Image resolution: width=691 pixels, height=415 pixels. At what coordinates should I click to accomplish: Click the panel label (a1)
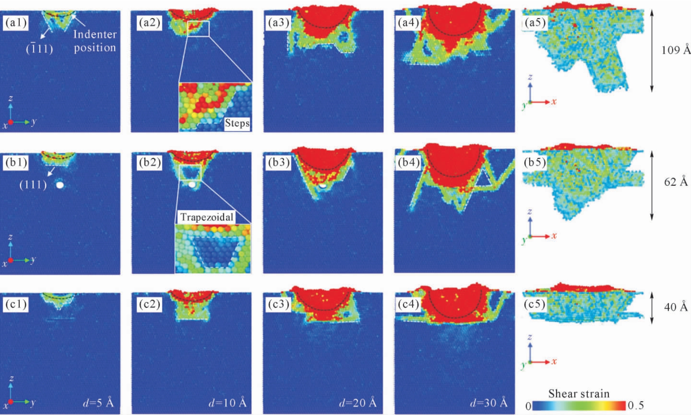16,23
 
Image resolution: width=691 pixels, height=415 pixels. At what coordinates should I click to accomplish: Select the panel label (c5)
535,304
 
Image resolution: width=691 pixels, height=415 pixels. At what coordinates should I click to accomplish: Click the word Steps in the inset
237,123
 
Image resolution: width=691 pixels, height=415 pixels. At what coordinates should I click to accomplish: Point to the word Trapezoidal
207,217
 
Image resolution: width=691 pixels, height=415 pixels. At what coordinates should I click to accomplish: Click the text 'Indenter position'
95,41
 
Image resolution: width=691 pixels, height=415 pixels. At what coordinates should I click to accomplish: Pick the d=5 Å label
98,403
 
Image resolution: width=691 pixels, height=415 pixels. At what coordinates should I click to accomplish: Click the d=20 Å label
358,403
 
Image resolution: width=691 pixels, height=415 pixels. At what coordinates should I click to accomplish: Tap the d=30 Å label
489,403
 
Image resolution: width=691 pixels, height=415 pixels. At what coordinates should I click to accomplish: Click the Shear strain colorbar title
579,394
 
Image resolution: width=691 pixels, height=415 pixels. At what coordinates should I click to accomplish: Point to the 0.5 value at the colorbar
636,406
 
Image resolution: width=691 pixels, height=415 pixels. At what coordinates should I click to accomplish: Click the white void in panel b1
60,185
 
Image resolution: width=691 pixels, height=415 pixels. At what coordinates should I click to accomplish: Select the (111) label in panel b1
33,185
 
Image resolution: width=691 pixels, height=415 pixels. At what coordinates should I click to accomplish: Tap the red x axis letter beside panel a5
554,102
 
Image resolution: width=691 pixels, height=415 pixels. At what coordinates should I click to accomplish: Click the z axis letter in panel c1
12,378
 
